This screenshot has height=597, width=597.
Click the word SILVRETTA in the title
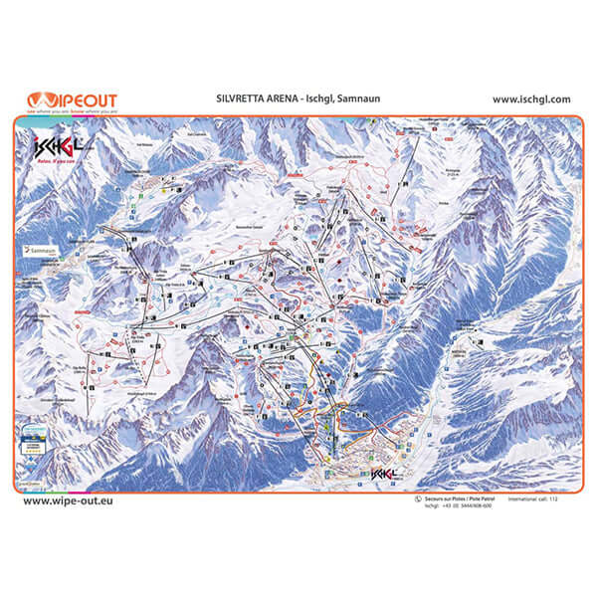pos(238,99)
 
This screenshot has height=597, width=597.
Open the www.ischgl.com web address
pos(530,99)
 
